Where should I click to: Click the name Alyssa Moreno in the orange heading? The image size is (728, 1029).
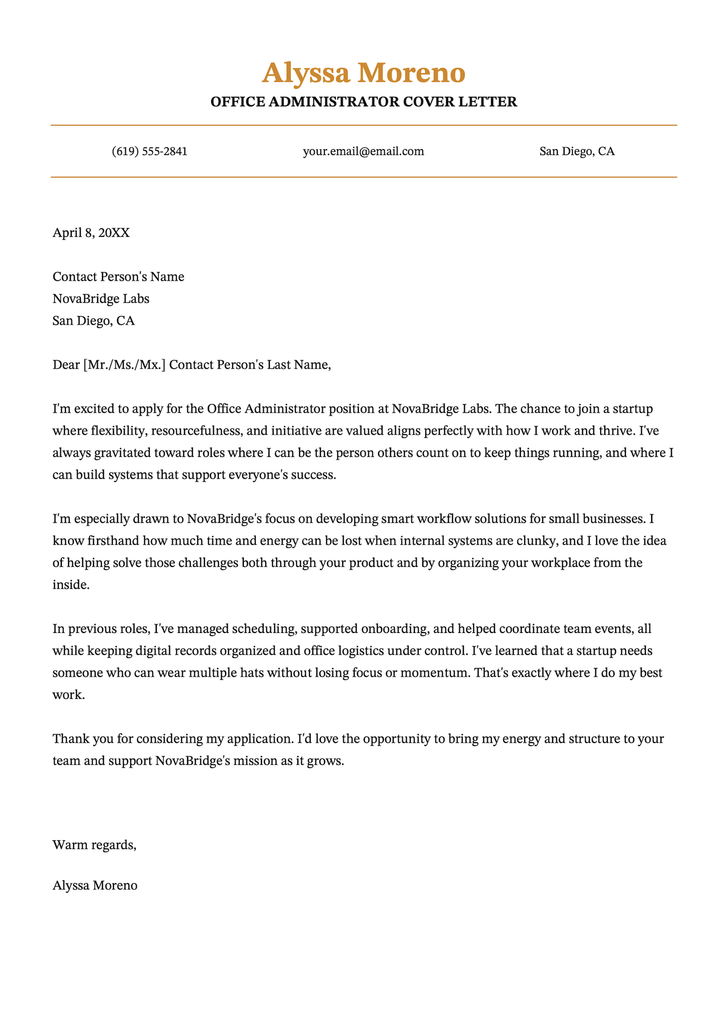click(x=363, y=73)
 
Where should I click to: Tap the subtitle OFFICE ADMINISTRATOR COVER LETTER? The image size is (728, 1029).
click(x=363, y=102)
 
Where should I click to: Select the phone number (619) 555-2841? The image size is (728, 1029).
click(x=149, y=152)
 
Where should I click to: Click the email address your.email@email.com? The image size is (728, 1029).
click(x=363, y=152)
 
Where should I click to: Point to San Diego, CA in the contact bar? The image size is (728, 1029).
click(x=577, y=152)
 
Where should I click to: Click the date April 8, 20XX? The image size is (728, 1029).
click(x=91, y=232)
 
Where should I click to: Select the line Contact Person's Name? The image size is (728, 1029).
click(x=119, y=276)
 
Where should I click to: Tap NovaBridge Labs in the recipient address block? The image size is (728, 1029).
click(x=101, y=299)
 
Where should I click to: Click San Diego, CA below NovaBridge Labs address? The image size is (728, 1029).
click(x=94, y=321)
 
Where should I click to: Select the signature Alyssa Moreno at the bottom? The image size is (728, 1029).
click(x=95, y=886)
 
